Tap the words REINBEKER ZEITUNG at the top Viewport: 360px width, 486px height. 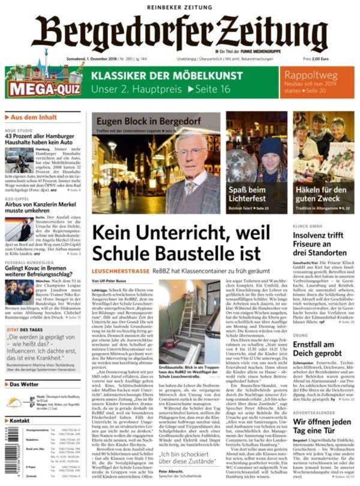click(x=180, y=7)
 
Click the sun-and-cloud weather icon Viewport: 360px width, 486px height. click(x=16, y=400)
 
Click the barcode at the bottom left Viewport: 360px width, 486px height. click(x=8, y=456)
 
